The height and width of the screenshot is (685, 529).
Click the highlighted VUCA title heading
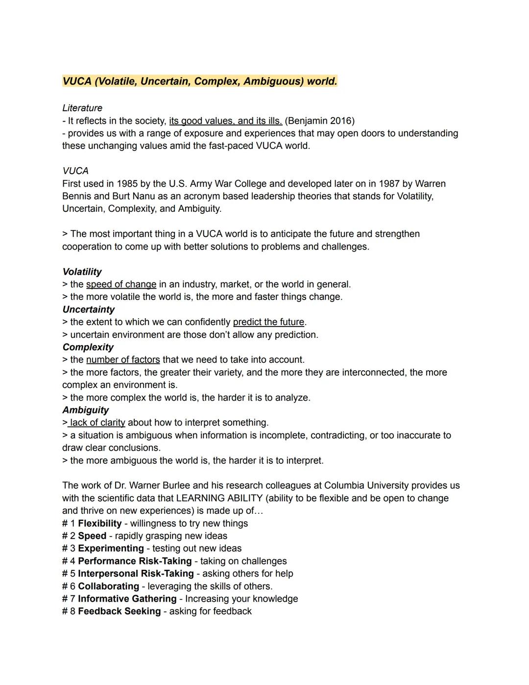tap(199, 81)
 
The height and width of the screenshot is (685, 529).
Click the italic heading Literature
tap(82, 108)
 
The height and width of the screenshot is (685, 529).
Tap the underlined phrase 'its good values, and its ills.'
tap(225, 121)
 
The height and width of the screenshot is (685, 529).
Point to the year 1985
tap(127, 184)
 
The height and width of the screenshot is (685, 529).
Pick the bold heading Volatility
tap(82, 272)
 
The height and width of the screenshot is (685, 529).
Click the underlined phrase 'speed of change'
tap(121, 284)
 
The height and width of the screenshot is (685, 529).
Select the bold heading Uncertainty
tap(88, 309)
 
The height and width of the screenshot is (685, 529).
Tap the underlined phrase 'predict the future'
tap(268, 322)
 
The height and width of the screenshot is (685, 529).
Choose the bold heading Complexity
tap(88, 347)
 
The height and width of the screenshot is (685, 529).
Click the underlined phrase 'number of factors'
tap(123, 360)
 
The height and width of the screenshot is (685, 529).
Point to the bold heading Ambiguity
tap(85, 410)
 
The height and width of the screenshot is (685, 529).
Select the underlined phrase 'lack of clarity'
tap(97, 423)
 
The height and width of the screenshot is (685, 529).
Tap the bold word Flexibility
tap(99, 523)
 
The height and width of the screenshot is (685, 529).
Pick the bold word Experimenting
tap(111, 548)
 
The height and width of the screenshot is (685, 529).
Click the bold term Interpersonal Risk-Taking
tap(136, 574)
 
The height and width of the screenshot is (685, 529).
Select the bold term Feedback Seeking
tap(119, 611)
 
